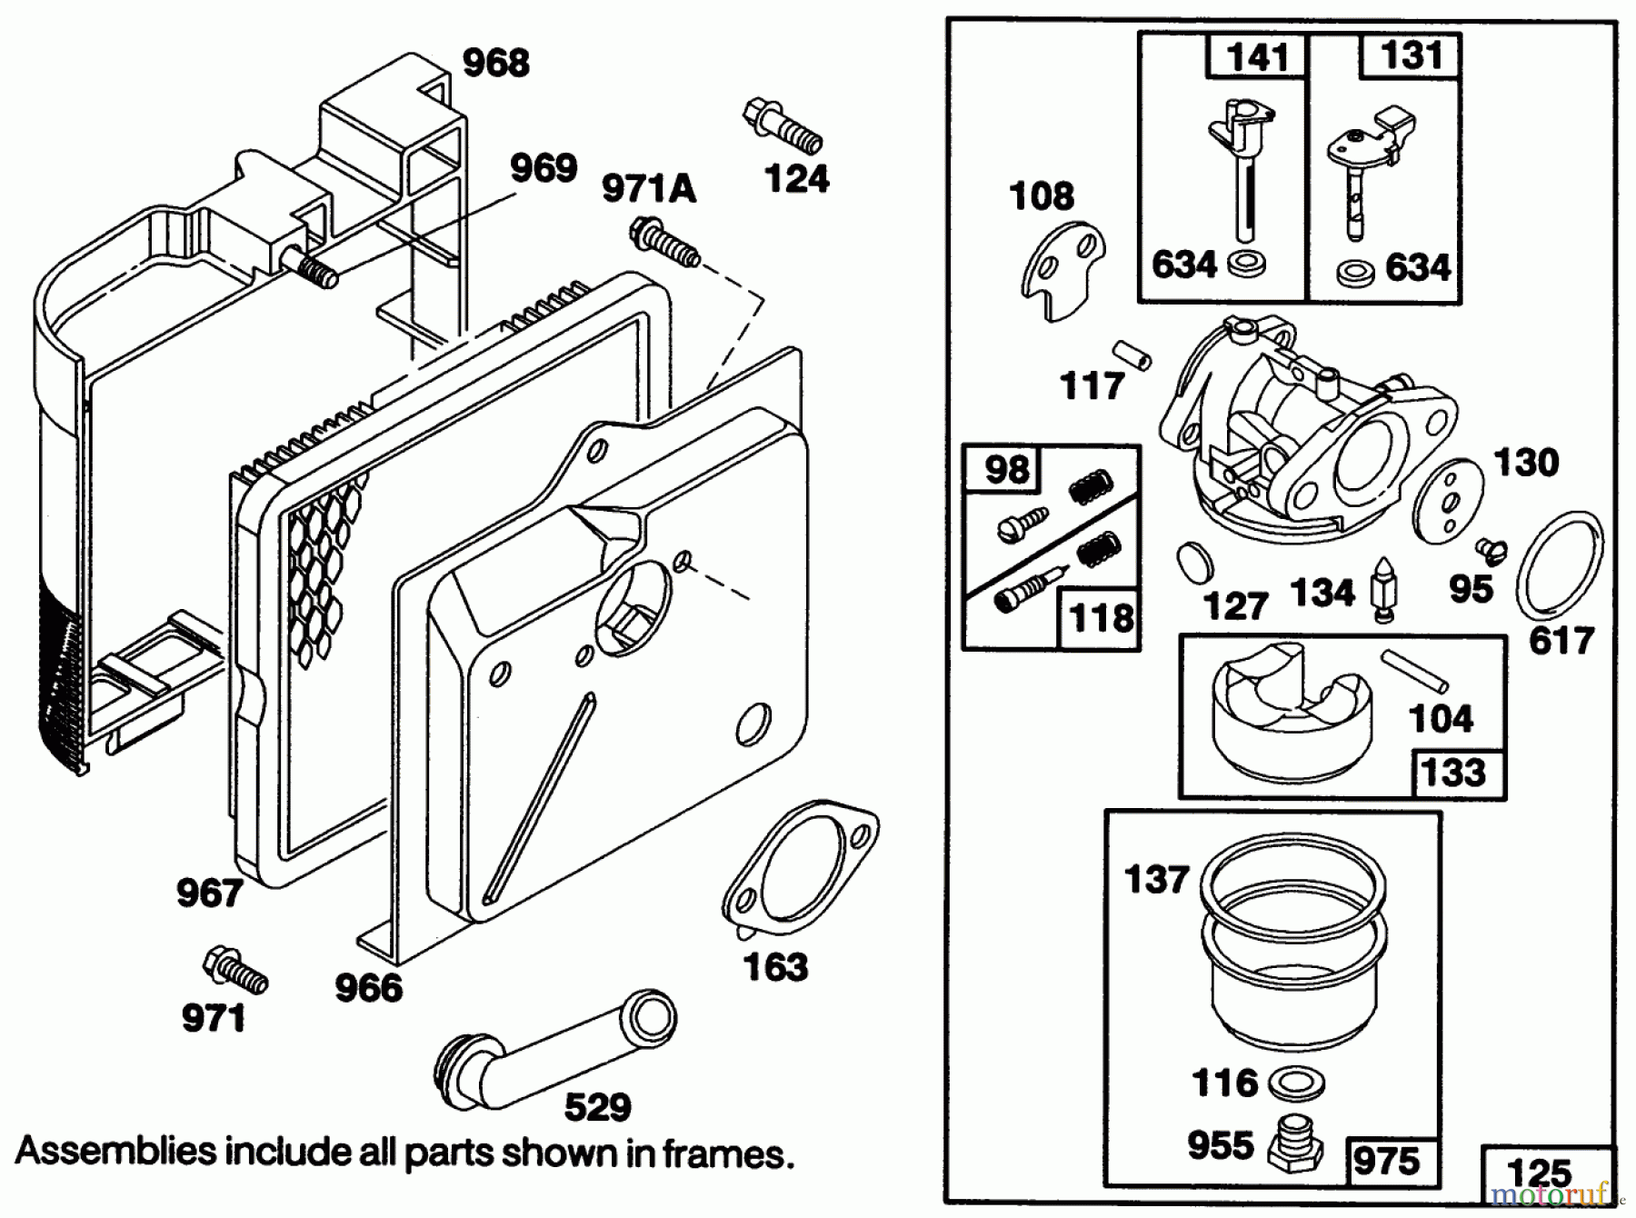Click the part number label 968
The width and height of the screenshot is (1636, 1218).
point(495,64)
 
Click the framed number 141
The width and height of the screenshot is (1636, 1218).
point(1257,57)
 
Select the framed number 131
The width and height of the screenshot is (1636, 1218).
point(1411,55)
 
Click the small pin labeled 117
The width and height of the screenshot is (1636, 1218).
point(1132,354)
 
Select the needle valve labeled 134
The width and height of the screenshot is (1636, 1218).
point(1382,589)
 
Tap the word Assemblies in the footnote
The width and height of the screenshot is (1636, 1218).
point(115,1153)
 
